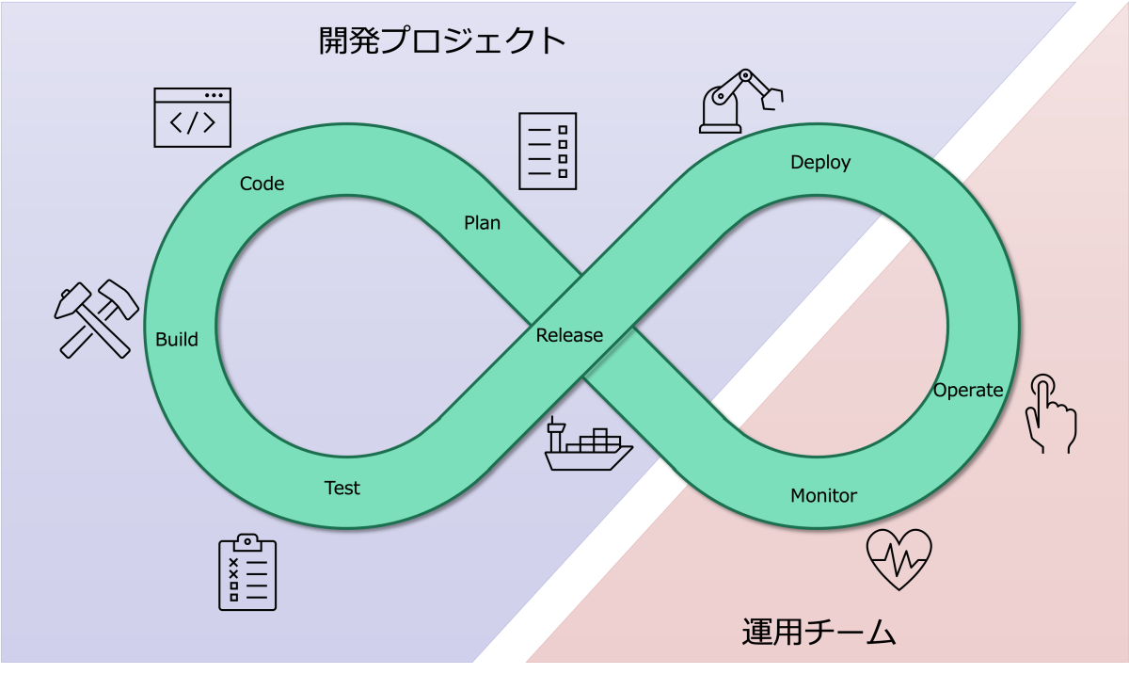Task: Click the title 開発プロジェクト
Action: click(x=442, y=40)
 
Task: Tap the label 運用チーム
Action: click(x=819, y=632)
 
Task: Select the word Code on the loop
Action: click(x=262, y=184)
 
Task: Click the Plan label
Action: click(x=482, y=223)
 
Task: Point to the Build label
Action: click(x=177, y=339)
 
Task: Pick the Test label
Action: click(x=342, y=488)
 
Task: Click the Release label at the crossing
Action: click(x=569, y=335)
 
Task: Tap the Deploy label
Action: click(x=820, y=163)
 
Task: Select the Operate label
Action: click(x=968, y=391)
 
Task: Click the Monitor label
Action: click(x=823, y=495)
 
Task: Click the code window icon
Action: click(x=193, y=118)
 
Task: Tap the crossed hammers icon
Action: click(x=96, y=318)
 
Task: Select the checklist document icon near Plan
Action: click(x=548, y=152)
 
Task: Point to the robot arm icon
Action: click(x=741, y=102)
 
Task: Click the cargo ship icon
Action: click(x=588, y=444)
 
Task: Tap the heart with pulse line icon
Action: click(x=898, y=559)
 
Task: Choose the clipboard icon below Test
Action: click(x=247, y=572)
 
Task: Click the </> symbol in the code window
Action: click(x=193, y=123)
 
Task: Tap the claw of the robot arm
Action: click(x=772, y=98)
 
